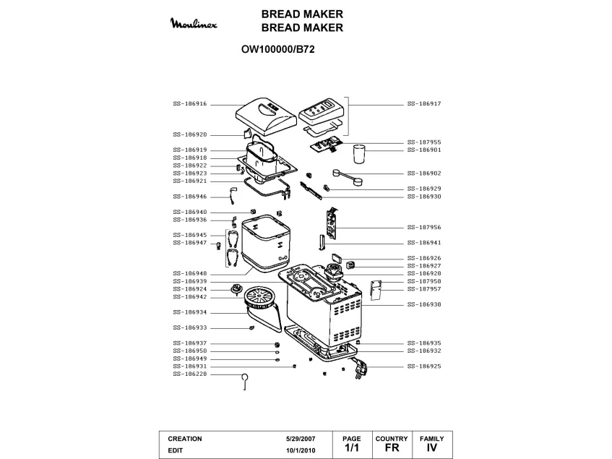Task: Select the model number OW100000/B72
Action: tap(277, 51)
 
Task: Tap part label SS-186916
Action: tap(190, 104)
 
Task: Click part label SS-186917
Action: tap(424, 104)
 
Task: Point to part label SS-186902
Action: tap(424, 173)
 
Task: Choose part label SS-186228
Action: tap(190, 374)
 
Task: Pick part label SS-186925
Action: tap(424, 366)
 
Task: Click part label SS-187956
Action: tap(424, 227)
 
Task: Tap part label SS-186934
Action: tap(190, 313)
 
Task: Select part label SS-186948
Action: tap(190, 273)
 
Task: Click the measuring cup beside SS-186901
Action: tap(359, 155)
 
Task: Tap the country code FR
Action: tap(392, 449)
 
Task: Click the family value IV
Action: tap(432, 449)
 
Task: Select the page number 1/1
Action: tap(352, 449)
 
